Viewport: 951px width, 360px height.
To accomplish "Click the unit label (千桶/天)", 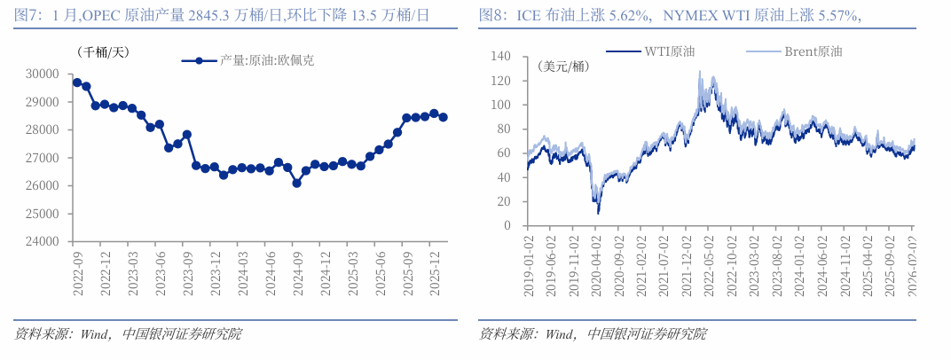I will [102, 52].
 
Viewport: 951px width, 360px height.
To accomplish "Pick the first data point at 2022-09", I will [77, 82].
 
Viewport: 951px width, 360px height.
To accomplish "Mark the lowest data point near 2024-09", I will [296, 183].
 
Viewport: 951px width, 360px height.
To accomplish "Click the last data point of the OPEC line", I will [443, 117].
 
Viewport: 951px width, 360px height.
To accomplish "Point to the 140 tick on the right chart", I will [501, 57].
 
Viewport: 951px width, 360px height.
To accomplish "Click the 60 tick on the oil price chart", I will [505, 153].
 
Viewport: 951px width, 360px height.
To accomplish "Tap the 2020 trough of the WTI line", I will [598, 213].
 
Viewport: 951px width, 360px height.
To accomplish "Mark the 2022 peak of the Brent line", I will [700, 72].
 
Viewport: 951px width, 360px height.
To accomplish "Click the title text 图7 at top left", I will [28, 14].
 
